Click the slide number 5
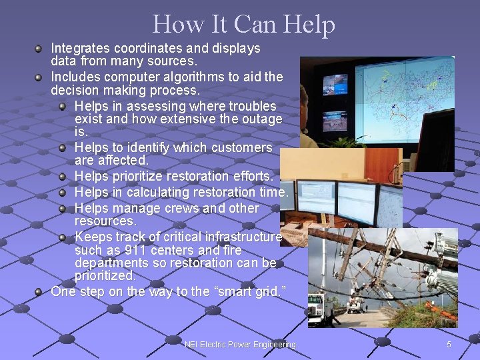coord(449,344)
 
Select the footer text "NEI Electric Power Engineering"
coord(240,344)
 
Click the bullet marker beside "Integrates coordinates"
coord(39,49)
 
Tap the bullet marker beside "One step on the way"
coord(39,291)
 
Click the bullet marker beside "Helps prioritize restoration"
coord(63,177)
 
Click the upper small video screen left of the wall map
coord(335,85)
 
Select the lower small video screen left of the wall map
coord(335,121)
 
